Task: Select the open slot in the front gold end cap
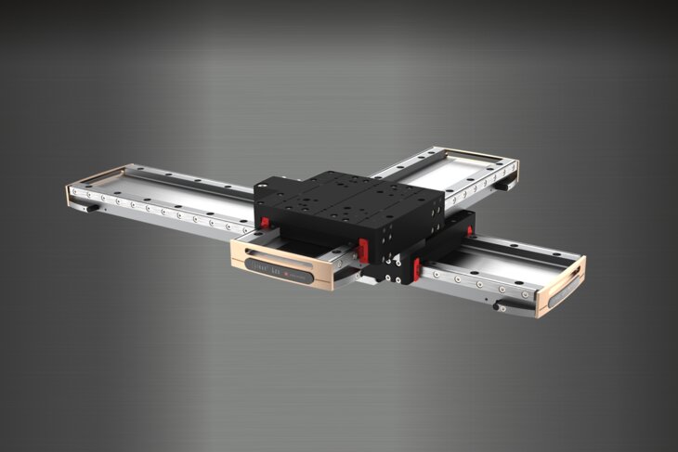tap(283, 258)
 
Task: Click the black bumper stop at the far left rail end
tap(93, 208)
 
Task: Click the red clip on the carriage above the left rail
tap(265, 222)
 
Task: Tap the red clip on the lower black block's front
tap(417, 267)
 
